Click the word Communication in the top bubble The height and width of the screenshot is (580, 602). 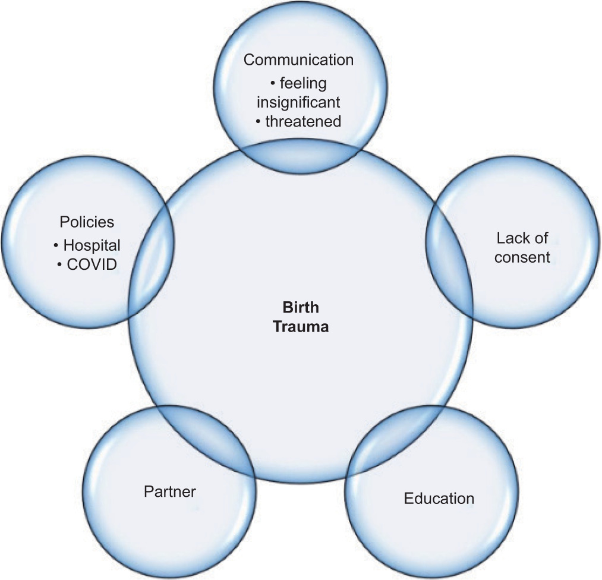[298, 60]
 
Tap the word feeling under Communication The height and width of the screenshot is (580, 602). [303, 83]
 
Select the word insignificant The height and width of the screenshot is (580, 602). [298, 102]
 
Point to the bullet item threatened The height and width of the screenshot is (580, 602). [303, 122]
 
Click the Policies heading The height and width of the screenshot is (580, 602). [87, 222]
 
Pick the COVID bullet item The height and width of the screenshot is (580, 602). [92, 263]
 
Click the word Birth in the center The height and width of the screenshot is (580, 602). [300, 308]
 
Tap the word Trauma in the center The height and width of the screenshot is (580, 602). [300, 326]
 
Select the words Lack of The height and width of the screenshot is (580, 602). [522, 239]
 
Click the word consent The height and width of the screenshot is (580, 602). [522, 257]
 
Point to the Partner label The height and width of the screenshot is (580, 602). [169, 491]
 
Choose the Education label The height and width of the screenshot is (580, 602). [439, 498]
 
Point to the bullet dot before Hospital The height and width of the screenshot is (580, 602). [56, 245]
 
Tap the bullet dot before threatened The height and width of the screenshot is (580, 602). [259, 122]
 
